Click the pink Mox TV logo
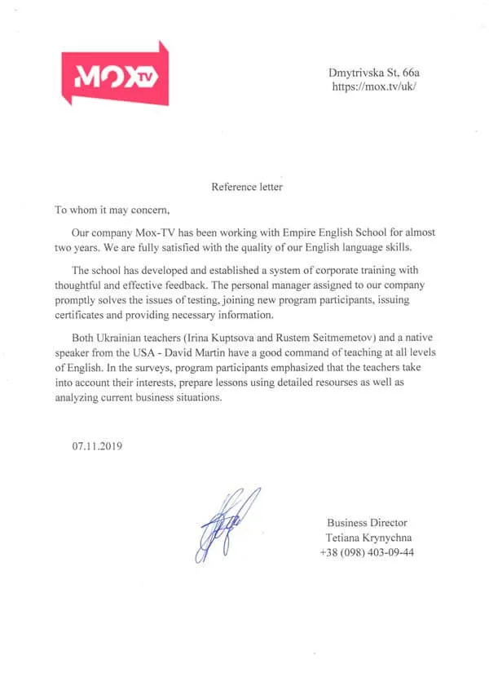pos(115,75)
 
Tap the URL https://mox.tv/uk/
pos(374,86)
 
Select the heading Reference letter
pos(247,187)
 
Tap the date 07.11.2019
pos(97,446)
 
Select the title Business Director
pos(367,522)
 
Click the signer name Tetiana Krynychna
pos(368,537)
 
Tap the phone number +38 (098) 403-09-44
pos(367,551)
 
